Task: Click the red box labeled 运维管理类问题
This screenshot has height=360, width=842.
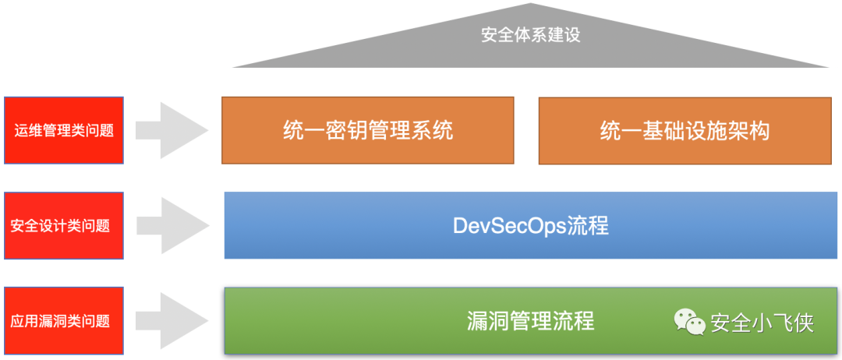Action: (x=64, y=130)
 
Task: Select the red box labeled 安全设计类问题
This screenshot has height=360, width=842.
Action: (x=64, y=226)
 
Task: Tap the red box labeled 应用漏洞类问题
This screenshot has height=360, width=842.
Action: (x=64, y=320)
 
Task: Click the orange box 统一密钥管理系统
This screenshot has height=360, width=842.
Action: (x=368, y=130)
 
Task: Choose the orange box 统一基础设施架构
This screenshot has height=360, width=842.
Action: (x=685, y=130)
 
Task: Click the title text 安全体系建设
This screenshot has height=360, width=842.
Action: (x=531, y=35)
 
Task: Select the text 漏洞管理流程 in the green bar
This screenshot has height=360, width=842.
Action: (x=531, y=320)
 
